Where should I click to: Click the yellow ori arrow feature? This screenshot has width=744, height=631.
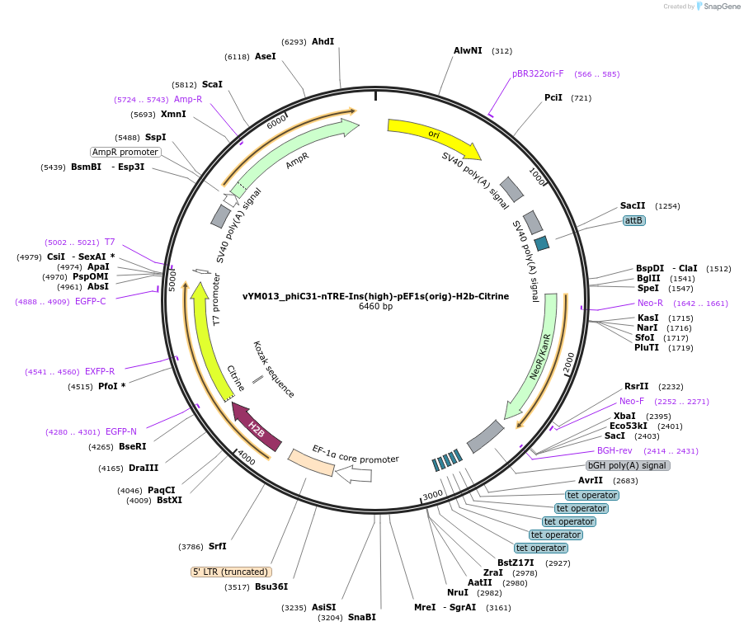coord(433,135)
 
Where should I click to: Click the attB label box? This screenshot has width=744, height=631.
coord(633,221)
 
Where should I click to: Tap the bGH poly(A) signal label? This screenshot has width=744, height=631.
coord(628,466)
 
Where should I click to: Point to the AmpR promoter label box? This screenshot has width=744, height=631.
coord(125,152)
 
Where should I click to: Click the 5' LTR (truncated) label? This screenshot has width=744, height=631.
coord(231,572)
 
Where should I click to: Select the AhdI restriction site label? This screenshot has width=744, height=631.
coord(323,41)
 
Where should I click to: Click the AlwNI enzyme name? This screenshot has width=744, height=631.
coord(468,50)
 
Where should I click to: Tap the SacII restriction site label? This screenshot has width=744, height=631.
coord(633,205)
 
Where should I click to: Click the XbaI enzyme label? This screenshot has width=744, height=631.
coord(624,416)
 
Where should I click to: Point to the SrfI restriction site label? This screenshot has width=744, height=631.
coord(217,546)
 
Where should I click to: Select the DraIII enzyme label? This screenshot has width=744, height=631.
coord(144,468)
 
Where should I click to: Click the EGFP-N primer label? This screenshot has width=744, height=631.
coord(120,431)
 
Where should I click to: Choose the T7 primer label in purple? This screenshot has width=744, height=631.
coord(110,243)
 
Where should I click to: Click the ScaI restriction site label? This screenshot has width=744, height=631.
coord(212,84)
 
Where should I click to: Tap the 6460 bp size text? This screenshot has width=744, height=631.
coord(375,307)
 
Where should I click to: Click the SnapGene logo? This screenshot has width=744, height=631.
coord(715,7)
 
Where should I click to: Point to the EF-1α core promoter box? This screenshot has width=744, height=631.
coord(311,463)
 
